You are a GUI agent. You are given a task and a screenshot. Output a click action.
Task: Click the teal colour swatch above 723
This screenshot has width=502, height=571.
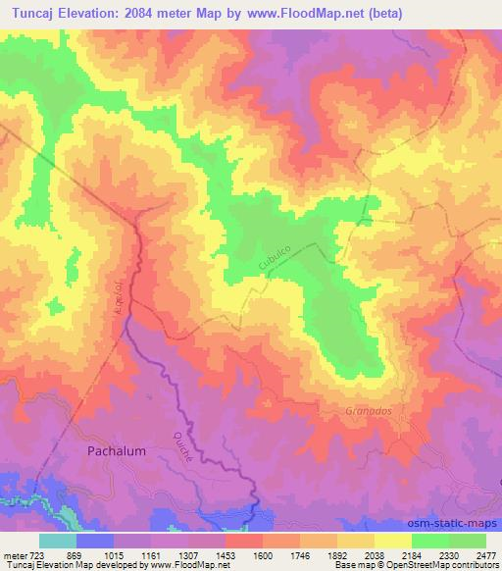click(58, 541)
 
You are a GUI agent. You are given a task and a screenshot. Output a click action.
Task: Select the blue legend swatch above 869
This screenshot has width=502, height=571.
click(95, 541)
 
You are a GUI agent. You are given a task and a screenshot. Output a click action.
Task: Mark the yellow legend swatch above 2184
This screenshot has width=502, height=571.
click(393, 541)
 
